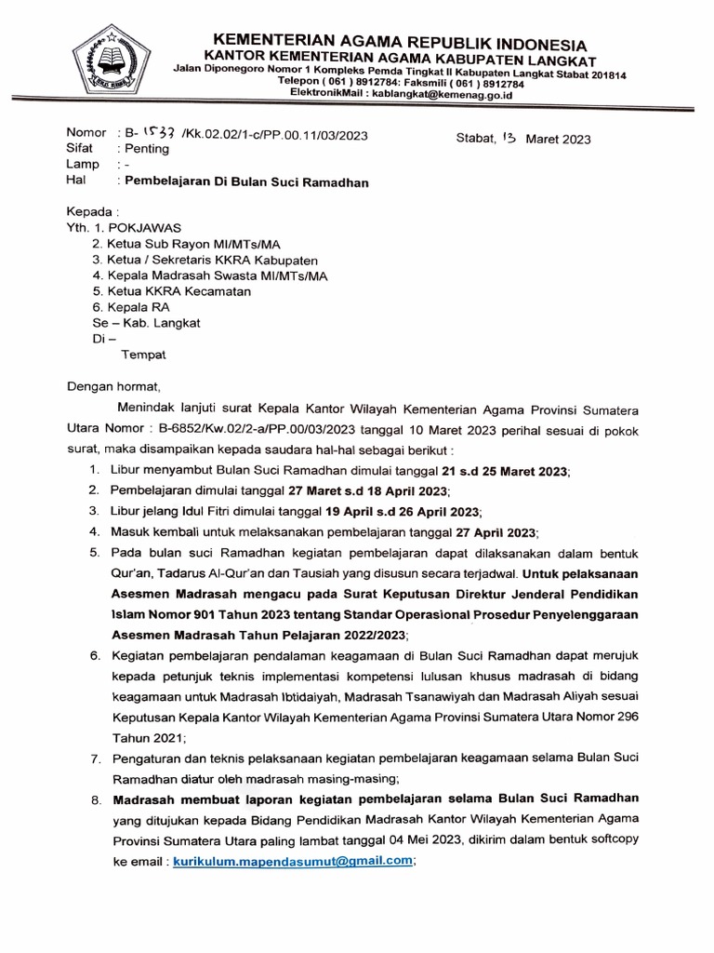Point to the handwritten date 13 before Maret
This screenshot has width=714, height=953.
point(508,138)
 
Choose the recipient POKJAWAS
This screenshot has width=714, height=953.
point(148,226)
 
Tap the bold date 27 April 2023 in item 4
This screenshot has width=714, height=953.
point(495,532)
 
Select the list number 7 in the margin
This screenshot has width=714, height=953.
point(95,759)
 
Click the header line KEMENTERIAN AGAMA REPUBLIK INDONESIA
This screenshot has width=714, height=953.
point(400,44)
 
